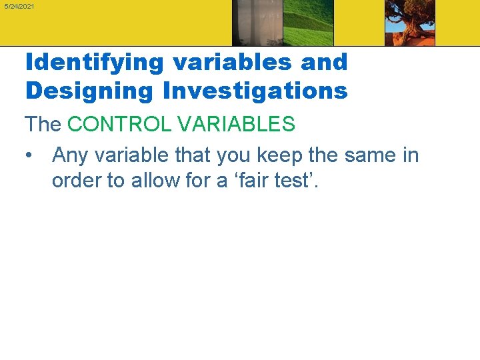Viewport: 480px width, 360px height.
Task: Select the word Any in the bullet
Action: (69, 156)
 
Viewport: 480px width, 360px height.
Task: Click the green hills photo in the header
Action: (308, 23)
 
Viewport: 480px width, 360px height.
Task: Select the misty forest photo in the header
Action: (257, 23)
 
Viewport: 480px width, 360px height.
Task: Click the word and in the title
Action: (325, 63)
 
